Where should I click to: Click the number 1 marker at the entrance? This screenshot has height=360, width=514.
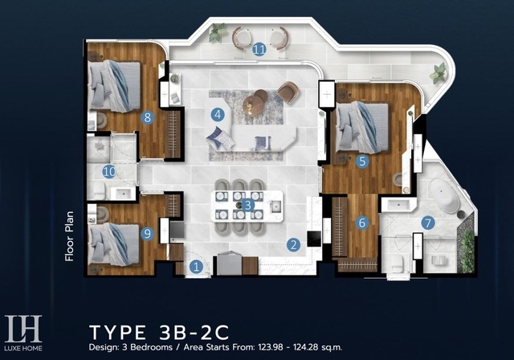coord(196,267)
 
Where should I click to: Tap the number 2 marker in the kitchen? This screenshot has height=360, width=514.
coord(293,244)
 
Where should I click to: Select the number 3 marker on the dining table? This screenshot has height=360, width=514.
coord(248,206)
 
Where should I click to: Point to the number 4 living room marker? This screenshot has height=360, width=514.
coord(218,115)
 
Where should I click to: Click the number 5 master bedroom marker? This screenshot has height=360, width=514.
coord(362,161)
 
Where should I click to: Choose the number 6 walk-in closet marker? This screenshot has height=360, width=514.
coord(362,223)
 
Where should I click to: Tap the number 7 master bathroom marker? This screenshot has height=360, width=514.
coord(428,223)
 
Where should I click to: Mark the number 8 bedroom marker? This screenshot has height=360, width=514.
coord(148,117)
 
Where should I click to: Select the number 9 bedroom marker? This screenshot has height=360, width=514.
coord(148,234)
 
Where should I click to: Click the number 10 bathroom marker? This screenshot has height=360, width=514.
coord(109,171)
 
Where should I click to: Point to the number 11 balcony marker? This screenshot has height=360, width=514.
coord(259,50)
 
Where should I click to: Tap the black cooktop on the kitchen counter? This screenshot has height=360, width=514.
coord(314,239)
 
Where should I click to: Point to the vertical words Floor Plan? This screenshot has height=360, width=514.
coord(69,236)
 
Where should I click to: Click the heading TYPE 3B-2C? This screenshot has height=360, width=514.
coord(159,332)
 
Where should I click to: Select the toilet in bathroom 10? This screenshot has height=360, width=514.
coord(100,190)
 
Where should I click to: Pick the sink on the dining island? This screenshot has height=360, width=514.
coord(276,207)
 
